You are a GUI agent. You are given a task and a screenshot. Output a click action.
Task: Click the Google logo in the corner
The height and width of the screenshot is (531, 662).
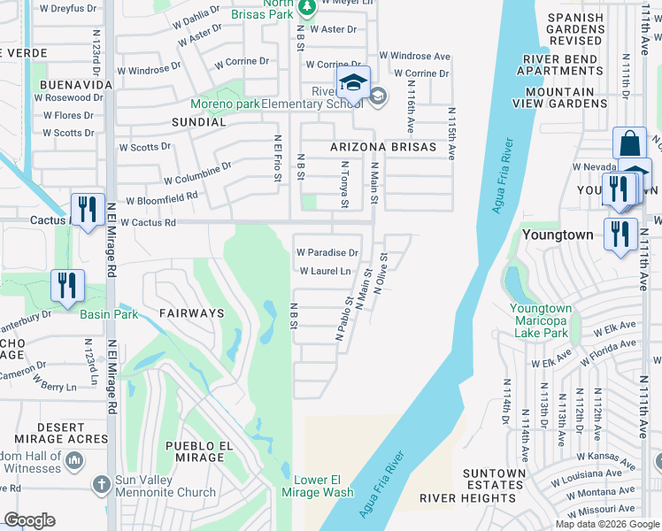click(29, 520)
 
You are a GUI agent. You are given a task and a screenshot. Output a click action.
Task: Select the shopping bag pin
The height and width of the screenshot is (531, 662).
click(628, 143)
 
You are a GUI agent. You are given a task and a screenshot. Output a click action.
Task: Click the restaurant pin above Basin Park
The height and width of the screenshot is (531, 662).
click(67, 285)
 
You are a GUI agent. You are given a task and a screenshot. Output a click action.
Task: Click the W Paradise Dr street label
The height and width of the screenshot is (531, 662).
click(327, 252)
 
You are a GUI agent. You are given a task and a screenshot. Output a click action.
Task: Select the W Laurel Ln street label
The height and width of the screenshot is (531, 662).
click(325, 271)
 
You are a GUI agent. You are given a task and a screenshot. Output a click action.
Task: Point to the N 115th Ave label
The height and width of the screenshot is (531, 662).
click(451, 134)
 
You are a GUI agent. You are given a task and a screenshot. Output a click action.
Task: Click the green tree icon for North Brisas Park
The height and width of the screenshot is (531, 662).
click(307, 8)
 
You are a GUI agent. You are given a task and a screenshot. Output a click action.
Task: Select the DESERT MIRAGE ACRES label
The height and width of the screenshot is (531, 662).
click(62, 434)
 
